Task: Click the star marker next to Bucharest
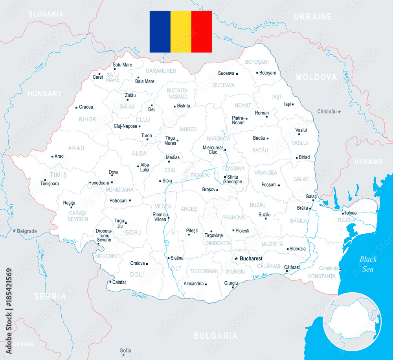(x=236, y=258)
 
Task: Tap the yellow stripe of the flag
(x=181, y=31)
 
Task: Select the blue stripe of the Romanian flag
(x=160, y=31)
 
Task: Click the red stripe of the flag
(x=202, y=31)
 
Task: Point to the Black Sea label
(x=368, y=264)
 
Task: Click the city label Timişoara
(x=50, y=184)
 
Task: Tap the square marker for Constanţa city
(x=340, y=270)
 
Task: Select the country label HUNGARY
(x=45, y=94)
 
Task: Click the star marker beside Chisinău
(x=340, y=112)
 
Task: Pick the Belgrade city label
(x=27, y=231)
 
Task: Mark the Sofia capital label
(x=126, y=351)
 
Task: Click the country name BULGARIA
(x=215, y=336)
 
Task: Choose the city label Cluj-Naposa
(x=125, y=126)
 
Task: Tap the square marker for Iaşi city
(x=292, y=104)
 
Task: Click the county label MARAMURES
(x=160, y=71)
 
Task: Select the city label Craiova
(x=138, y=263)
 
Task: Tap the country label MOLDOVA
(x=316, y=77)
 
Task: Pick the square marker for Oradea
(x=76, y=107)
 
